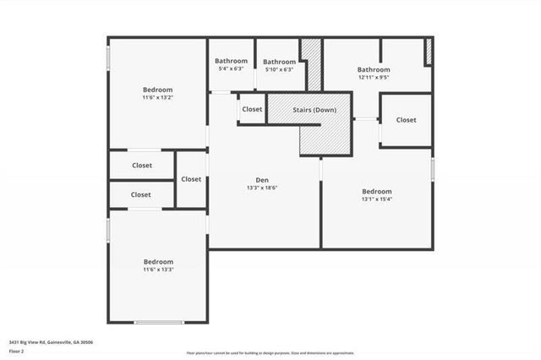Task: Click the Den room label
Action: [x=263, y=179]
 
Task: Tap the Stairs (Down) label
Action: [x=313, y=111]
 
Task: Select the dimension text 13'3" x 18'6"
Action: [x=263, y=188]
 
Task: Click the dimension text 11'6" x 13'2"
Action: [x=157, y=98]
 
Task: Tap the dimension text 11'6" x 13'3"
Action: [x=157, y=270]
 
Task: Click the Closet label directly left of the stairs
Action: [x=252, y=109]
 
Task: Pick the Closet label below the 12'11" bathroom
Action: [x=406, y=120]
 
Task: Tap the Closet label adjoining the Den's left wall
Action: [x=191, y=179]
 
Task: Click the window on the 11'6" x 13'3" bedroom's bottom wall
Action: [x=158, y=322]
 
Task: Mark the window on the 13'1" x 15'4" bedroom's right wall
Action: [x=432, y=169]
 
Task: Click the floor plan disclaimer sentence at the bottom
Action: [x=270, y=352]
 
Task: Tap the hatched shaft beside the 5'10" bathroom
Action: [x=313, y=64]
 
